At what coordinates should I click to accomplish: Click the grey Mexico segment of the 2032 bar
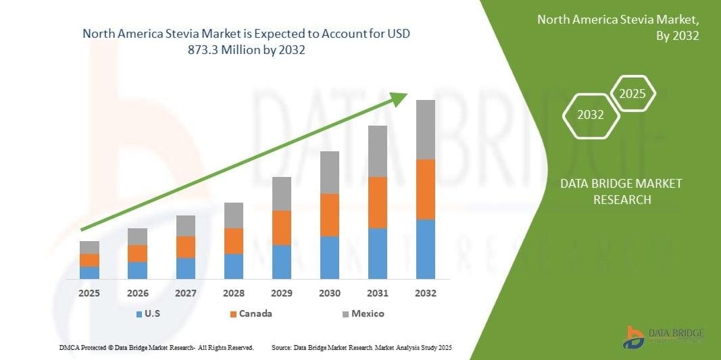point(425,130)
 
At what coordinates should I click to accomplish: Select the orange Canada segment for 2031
point(377,203)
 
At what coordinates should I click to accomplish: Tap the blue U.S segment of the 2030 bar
point(329,257)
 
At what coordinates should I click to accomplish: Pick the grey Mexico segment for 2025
point(89,247)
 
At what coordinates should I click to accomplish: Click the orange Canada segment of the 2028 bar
point(233,241)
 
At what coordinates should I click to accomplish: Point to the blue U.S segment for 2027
point(185,268)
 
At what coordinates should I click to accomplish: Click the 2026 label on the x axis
point(137,294)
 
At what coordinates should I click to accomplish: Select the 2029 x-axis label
point(281,294)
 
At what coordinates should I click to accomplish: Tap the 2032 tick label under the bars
point(425,294)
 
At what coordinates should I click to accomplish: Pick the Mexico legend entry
point(364,313)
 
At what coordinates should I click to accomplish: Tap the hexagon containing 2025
point(632,93)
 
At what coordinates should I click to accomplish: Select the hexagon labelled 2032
point(591,115)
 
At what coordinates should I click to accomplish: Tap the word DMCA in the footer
point(69,347)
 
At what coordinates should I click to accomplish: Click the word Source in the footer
point(281,347)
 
